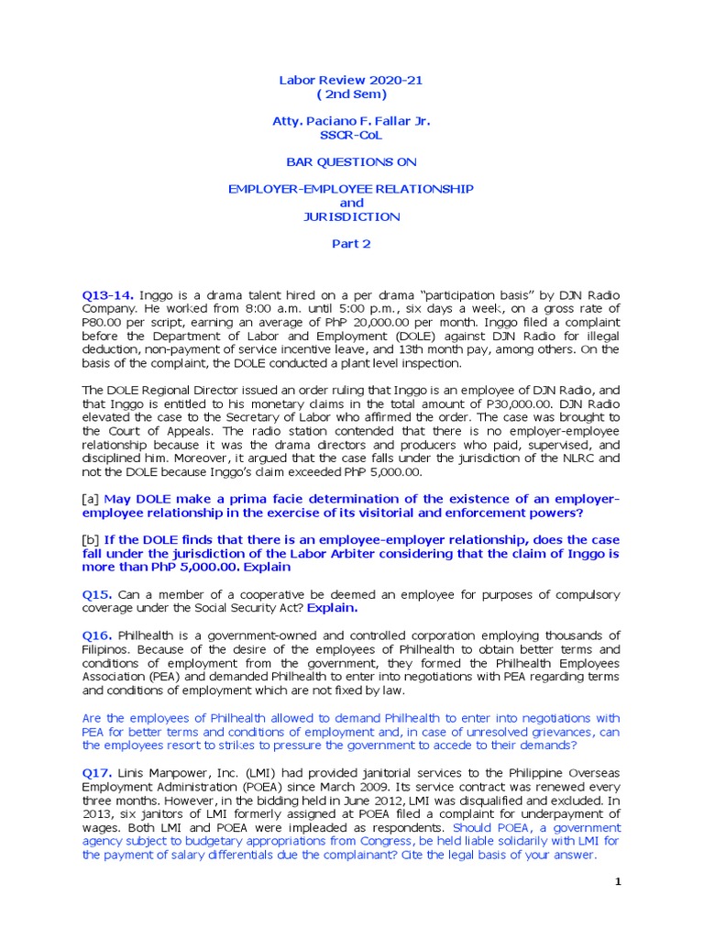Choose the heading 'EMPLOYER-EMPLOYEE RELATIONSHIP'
pyautogui.click(x=351, y=188)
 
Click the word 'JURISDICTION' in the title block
pyautogui.click(x=351, y=216)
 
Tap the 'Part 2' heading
pyautogui.click(x=351, y=244)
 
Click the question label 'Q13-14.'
pyautogui.click(x=109, y=294)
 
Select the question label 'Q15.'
pyautogui.click(x=96, y=594)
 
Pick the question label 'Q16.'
pyautogui.click(x=96, y=635)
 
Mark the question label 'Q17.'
pyautogui.click(x=96, y=773)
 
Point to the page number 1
pyautogui.click(x=618, y=882)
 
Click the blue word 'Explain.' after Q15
pyautogui.click(x=333, y=608)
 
